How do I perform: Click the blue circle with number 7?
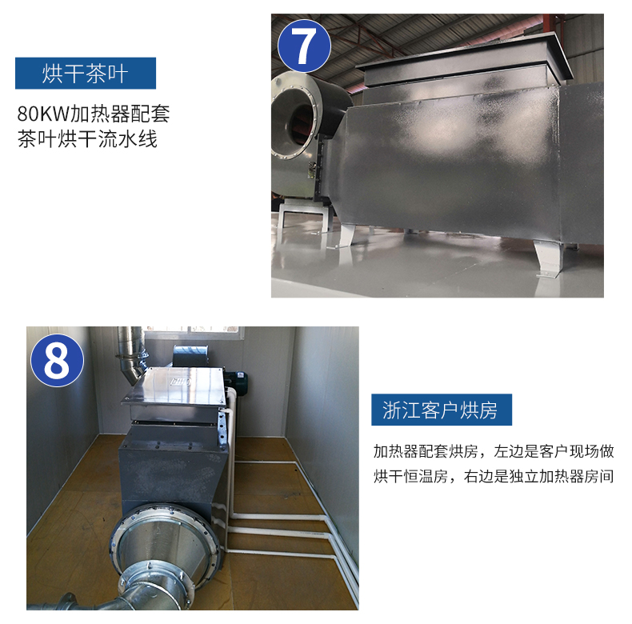pyautogui.click(x=304, y=46)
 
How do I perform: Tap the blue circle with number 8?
pyautogui.click(x=58, y=360)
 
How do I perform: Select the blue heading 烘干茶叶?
pyautogui.click(x=86, y=74)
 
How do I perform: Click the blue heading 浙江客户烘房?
pyautogui.click(x=442, y=410)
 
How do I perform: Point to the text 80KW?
pyautogui.click(x=43, y=114)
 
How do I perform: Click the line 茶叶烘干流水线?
pyautogui.click(x=87, y=139)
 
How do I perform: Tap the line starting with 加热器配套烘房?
pyautogui.click(x=494, y=451)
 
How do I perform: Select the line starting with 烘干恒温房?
pyautogui.click(x=494, y=476)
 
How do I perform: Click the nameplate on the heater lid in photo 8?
pyautogui.click(x=181, y=382)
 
